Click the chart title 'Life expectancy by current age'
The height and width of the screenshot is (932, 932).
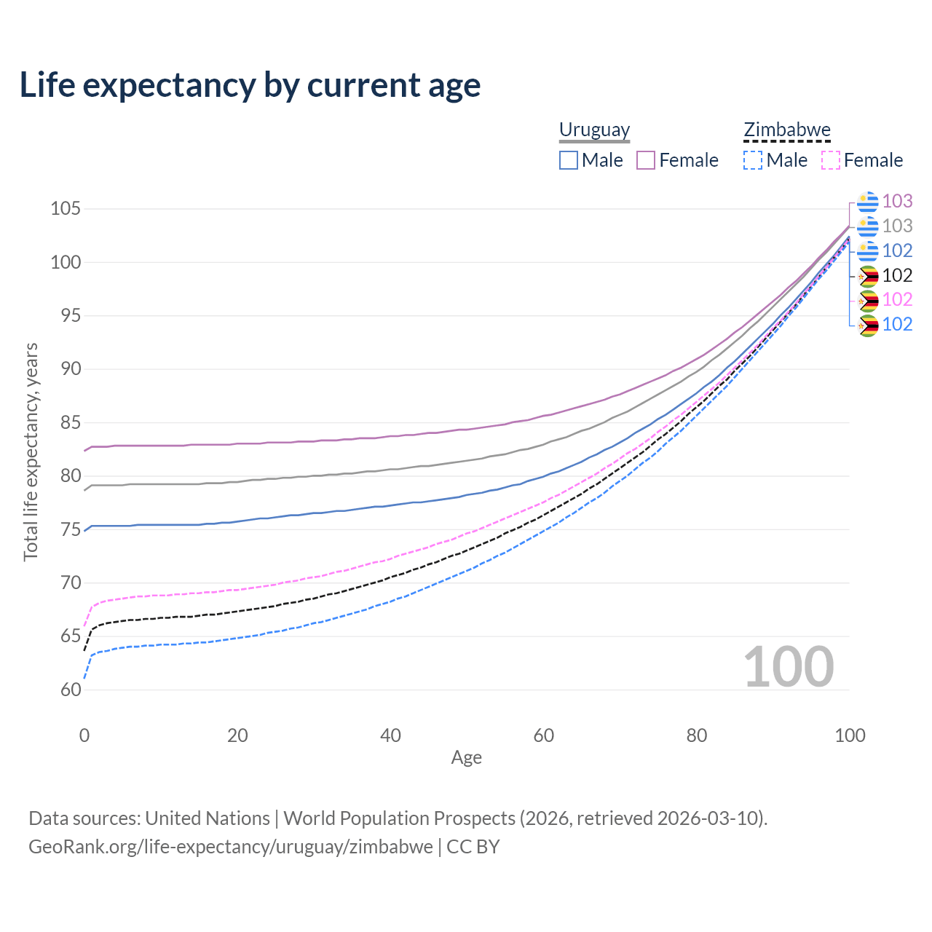tap(250, 85)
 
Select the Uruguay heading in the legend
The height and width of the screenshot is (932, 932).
tap(594, 130)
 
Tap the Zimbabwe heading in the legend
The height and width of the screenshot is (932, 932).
tap(786, 130)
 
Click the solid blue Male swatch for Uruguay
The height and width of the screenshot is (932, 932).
tap(569, 160)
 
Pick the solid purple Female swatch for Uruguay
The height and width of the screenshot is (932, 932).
tap(646, 160)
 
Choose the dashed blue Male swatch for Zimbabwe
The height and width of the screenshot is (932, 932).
tap(753, 160)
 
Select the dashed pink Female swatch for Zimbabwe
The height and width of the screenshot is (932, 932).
tap(831, 160)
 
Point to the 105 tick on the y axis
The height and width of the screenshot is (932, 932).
tap(66, 209)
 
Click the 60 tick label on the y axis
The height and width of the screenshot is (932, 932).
tap(70, 690)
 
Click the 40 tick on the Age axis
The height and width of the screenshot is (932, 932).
tap(390, 735)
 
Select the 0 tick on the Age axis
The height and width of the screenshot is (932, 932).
tap(84, 735)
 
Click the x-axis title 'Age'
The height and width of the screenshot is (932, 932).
tap(466, 758)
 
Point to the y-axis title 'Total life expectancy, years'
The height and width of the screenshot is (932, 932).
tap(31, 451)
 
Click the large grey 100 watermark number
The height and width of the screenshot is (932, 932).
tap(789, 667)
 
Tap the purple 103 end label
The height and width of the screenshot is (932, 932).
tap(897, 201)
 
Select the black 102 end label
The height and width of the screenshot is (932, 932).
tap(897, 275)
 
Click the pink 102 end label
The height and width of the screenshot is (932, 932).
tap(897, 299)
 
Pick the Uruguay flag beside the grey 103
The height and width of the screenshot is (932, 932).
tap(867, 226)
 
